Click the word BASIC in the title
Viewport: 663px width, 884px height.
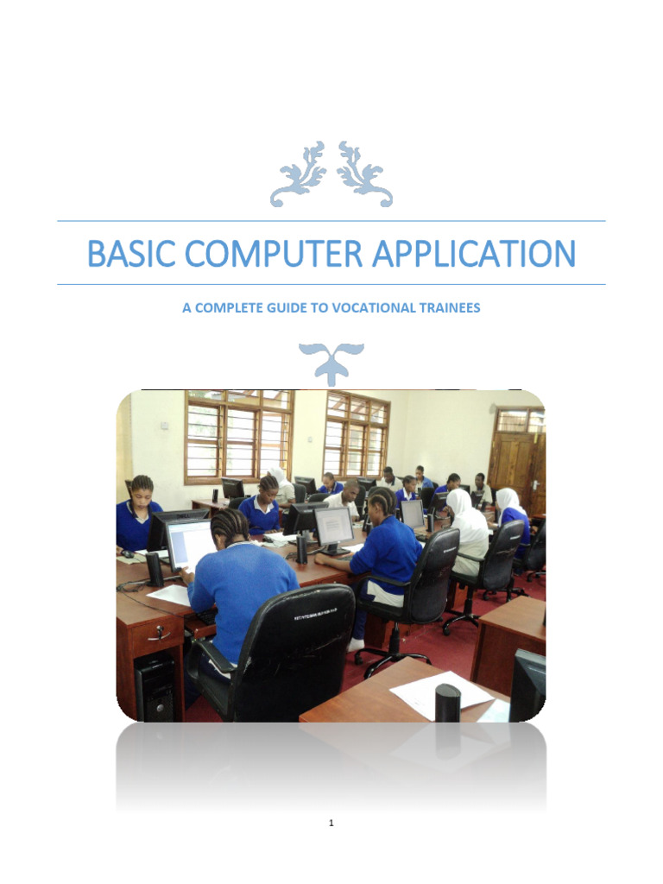tap(129, 254)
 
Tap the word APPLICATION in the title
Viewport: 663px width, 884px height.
tap(473, 254)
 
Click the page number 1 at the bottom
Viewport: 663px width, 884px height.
tap(331, 824)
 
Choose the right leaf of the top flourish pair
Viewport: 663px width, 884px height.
tap(363, 173)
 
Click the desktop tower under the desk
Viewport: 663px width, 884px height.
tap(155, 686)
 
